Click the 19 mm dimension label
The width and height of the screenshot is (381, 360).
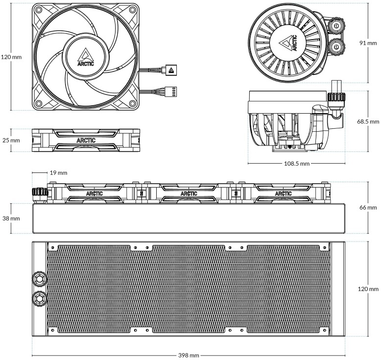[x=58, y=173]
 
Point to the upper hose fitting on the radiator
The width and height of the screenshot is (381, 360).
[x=39, y=278]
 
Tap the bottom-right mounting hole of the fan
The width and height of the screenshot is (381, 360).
[x=131, y=103]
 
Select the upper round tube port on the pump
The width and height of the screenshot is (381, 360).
[x=337, y=24]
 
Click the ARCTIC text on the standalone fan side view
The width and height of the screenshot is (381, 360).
[x=86, y=141]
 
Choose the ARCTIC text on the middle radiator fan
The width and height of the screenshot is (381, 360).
[x=189, y=193]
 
